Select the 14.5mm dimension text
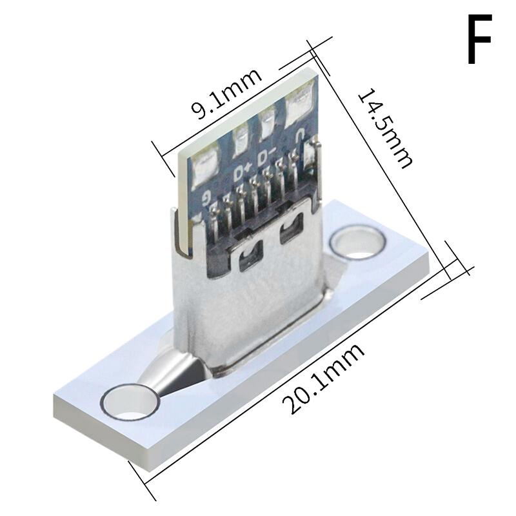[385, 128]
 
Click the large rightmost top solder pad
[297, 104]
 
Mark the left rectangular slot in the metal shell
[248, 260]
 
